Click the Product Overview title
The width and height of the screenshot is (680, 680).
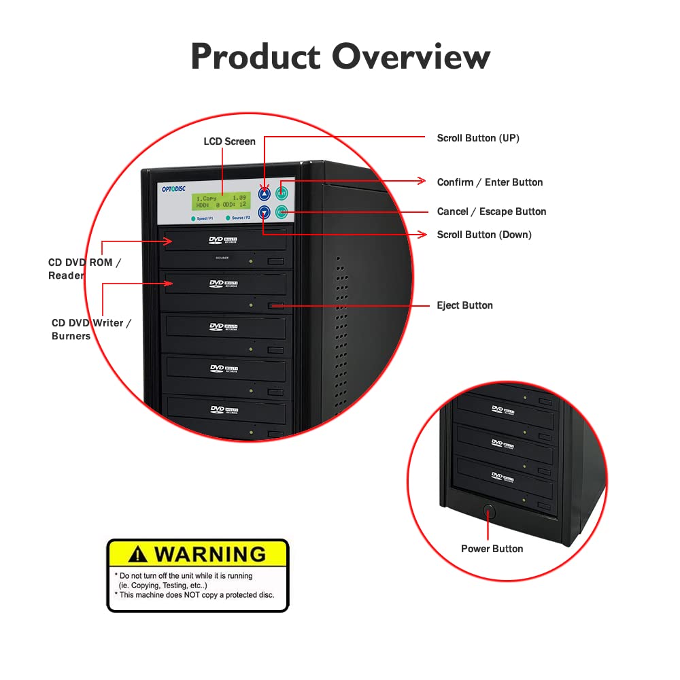340,56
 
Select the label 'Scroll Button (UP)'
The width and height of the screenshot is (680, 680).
478,138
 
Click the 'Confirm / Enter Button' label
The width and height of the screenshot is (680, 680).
490,182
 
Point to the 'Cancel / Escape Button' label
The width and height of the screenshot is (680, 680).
492,211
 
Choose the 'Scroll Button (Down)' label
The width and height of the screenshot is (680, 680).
484,235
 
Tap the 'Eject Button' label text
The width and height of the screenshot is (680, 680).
464,305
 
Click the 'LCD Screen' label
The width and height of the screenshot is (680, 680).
230,141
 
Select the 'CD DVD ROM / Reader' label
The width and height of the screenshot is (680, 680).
84,269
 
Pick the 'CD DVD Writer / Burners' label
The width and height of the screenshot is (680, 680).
92,329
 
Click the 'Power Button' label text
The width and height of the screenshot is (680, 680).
492,549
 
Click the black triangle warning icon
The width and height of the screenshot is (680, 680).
139,554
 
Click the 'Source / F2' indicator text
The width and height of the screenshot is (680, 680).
241,218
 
